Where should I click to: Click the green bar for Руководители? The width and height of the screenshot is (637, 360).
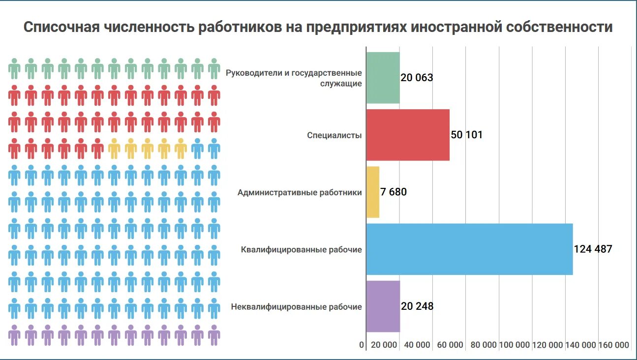click(x=383, y=78)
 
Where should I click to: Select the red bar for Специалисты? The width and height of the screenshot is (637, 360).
click(x=408, y=135)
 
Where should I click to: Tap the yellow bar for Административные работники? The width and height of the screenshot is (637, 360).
click(x=373, y=192)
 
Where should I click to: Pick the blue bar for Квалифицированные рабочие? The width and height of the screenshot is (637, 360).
click(x=469, y=249)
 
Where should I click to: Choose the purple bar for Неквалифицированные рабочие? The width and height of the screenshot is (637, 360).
click(x=383, y=306)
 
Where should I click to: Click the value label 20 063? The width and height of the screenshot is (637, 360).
click(x=417, y=78)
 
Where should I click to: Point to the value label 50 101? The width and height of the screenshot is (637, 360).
click(x=466, y=135)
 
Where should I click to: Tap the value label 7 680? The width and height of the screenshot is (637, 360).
click(x=394, y=192)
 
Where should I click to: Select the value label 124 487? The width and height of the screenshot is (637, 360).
click(x=593, y=249)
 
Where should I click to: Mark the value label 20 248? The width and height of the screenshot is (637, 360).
click(x=417, y=306)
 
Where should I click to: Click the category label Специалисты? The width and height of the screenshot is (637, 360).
click(x=334, y=135)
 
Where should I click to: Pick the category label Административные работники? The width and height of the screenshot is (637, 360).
click(x=300, y=192)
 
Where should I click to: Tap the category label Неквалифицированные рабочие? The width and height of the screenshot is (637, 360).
click(x=296, y=307)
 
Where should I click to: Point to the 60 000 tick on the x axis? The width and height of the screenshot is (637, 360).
click(x=450, y=345)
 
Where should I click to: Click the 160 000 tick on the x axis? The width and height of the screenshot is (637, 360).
click(x=613, y=345)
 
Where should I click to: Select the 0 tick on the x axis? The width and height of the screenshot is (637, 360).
click(x=362, y=345)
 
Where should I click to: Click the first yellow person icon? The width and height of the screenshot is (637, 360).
click(x=114, y=148)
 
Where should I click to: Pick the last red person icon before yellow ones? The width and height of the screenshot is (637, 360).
click(x=97, y=148)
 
